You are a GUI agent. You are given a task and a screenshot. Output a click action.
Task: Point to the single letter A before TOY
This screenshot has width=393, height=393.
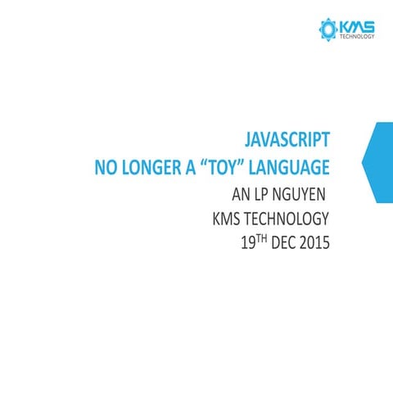click(203, 169)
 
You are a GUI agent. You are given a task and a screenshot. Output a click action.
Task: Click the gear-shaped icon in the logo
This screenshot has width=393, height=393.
click(327, 30)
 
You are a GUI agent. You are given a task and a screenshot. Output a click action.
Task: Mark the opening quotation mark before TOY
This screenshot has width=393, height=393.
click(215, 165)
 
